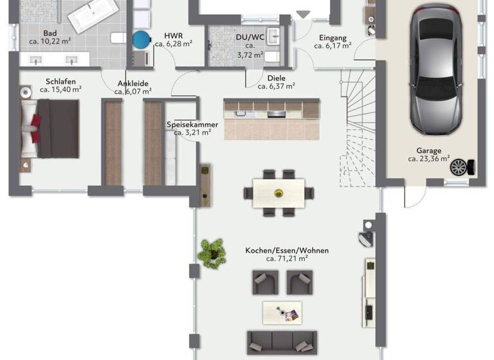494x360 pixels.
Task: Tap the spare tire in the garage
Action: point(459,168)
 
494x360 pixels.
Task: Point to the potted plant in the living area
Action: point(211,252)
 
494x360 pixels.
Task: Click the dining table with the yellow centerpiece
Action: point(279,192)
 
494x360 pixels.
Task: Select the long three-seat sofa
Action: point(282,341)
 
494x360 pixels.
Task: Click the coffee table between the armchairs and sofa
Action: point(282,312)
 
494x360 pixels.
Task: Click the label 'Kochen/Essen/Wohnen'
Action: point(277,250)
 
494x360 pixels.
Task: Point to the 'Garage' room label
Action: point(428,151)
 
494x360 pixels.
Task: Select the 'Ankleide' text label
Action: point(133,83)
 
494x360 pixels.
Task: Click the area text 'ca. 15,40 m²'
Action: point(60,89)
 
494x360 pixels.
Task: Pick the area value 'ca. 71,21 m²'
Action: point(286,258)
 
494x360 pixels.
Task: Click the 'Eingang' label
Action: point(333,38)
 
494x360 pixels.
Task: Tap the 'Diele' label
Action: point(276,78)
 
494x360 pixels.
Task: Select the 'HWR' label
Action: point(174,35)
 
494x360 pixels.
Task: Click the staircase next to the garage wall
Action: point(360,129)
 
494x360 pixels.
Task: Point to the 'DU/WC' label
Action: point(250,37)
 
